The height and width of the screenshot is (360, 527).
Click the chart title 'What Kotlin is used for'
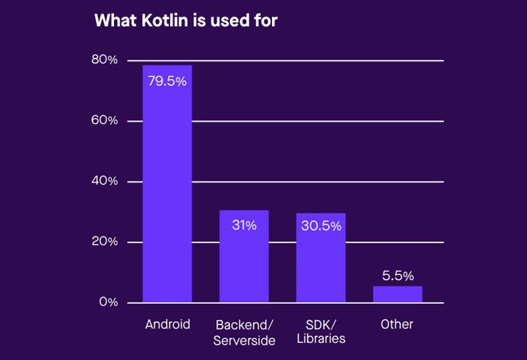186,20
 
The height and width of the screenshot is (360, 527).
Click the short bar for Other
397,294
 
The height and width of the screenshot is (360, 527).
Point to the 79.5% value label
167,82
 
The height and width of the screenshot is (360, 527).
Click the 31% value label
244,225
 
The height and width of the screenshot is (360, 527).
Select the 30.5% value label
321,226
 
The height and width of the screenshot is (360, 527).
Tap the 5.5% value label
397,276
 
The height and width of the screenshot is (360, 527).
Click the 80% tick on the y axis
104,60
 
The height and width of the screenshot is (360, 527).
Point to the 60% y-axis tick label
104,121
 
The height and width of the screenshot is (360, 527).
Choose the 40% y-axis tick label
104,181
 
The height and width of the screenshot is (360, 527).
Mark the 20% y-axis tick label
104,242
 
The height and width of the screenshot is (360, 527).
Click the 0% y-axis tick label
107,303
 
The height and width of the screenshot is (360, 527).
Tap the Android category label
167,324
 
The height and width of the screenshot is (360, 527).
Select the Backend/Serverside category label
244,332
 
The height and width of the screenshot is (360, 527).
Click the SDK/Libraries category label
321,332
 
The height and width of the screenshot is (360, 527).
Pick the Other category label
397,324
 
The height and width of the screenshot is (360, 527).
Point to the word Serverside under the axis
244,340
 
